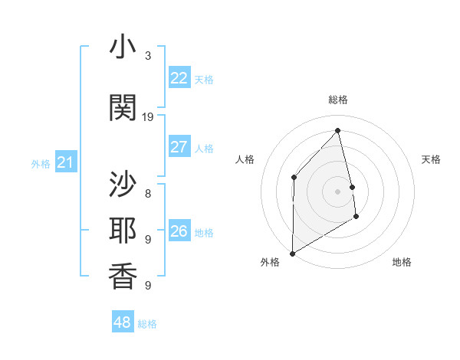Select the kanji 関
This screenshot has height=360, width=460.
click(x=123, y=107)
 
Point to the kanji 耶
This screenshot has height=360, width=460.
click(x=123, y=231)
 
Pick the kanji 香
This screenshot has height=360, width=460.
click(x=123, y=278)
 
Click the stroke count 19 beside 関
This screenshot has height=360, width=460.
click(x=148, y=117)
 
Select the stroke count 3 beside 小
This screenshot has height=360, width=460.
click(x=148, y=56)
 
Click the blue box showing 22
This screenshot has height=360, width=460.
click(x=179, y=77)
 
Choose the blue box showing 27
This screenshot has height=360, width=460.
click(x=179, y=147)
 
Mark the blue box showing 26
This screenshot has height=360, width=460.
click(x=179, y=231)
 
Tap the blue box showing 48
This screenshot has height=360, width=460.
click(x=123, y=322)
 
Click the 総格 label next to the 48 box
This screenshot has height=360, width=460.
click(x=147, y=324)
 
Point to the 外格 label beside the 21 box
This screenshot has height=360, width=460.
click(x=41, y=163)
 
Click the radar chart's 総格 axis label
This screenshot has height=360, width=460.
click(x=337, y=100)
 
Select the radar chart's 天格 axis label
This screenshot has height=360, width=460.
click(x=431, y=159)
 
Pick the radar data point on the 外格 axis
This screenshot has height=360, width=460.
click(x=292, y=253)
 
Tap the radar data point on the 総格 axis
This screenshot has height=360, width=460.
click(x=337, y=130)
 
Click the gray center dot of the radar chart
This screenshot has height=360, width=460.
click(x=337, y=191)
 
